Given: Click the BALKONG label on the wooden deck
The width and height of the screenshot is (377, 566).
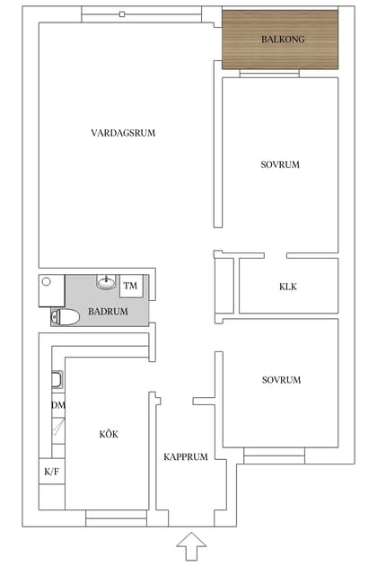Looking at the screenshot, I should click(282, 40).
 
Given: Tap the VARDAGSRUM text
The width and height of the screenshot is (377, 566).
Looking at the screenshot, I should click(124, 133).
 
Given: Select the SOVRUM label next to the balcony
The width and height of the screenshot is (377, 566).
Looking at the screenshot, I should click(280, 164).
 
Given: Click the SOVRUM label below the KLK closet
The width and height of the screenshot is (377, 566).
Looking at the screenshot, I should click(281, 380).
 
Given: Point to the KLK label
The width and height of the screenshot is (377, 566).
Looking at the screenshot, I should click(287, 287).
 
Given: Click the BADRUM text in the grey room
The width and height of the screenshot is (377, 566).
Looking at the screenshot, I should click(108, 312).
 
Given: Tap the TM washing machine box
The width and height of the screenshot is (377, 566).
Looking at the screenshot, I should click(131, 286).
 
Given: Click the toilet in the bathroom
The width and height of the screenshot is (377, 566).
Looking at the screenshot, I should click(65, 315).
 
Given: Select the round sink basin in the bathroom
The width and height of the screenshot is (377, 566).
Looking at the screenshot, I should click(107, 283).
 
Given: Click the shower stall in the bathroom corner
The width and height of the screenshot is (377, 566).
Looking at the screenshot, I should click(51, 290).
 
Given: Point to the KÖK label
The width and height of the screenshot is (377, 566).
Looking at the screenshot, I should click(109, 435).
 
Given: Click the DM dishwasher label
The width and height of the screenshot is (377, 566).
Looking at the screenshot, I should click(57, 405).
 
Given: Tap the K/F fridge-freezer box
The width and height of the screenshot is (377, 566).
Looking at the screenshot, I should click(51, 471).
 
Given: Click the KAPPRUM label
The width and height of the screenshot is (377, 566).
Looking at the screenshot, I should click(186, 457).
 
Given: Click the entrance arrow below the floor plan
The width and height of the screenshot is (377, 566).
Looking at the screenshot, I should click(190, 544).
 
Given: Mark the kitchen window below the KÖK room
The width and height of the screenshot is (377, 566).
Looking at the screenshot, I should click(110, 517).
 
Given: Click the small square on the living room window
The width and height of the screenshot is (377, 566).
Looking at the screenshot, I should click(121, 14).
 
